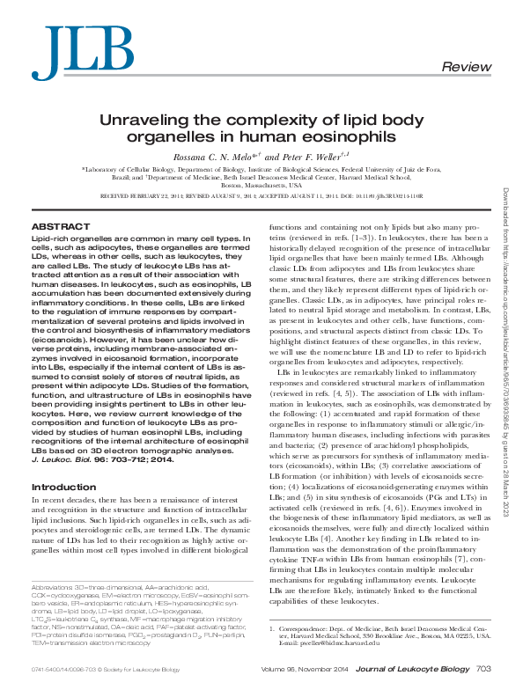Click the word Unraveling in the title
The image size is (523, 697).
(148, 121)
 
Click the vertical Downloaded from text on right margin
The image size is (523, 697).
(508, 212)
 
